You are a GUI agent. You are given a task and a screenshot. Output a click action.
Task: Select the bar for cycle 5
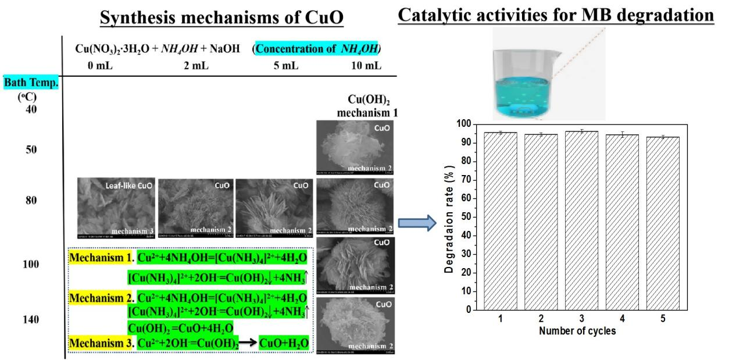(x=663, y=223)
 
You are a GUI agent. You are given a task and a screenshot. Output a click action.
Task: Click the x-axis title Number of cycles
(x=577, y=332)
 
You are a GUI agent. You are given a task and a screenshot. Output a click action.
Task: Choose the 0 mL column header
(x=99, y=66)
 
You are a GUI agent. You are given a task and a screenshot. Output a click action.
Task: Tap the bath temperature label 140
(x=31, y=319)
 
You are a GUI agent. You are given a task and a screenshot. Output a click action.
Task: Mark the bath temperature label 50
(x=31, y=149)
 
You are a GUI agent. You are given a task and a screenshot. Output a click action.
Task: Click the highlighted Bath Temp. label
(x=31, y=83)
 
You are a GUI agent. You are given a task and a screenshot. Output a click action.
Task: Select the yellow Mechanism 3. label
(x=101, y=343)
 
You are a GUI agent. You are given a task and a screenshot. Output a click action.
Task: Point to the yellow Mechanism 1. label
(x=101, y=257)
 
